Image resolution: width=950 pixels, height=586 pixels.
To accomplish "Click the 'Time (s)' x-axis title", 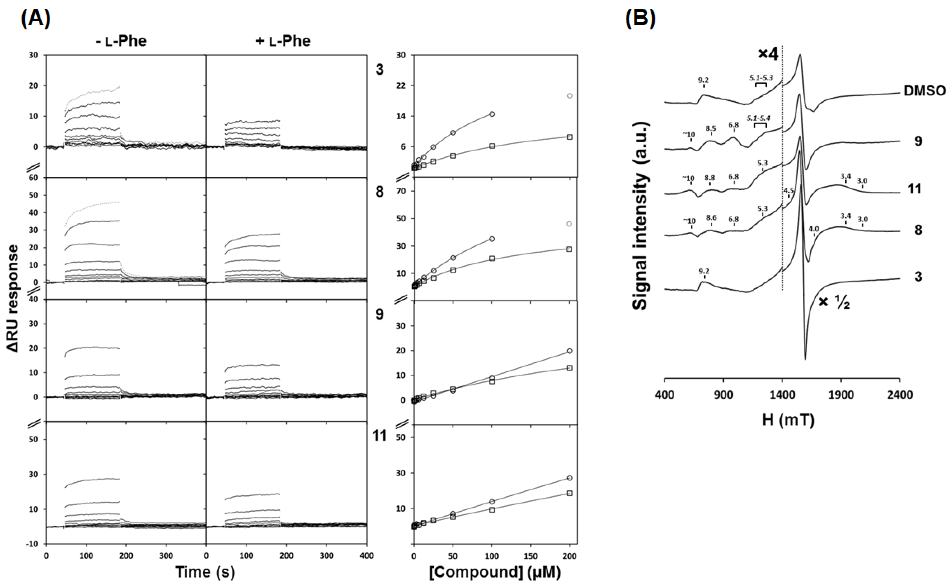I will [205, 572].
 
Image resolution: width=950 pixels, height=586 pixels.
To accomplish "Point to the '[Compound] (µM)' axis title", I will [495, 572].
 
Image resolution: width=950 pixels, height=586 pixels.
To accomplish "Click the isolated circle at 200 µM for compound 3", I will [569, 96].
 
